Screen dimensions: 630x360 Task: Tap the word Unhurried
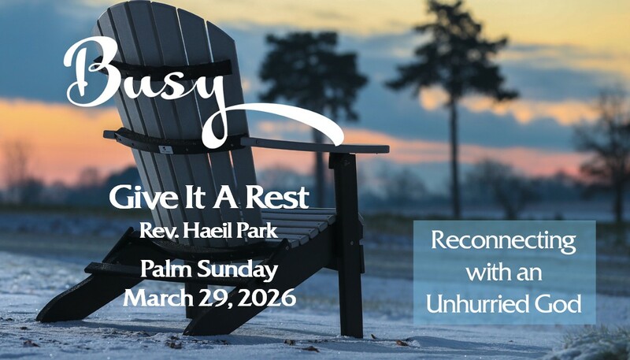[x=476, y=304]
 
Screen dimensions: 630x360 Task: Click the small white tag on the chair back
[x=166, y=150]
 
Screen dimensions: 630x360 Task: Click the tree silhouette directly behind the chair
[x=313, y=80]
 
